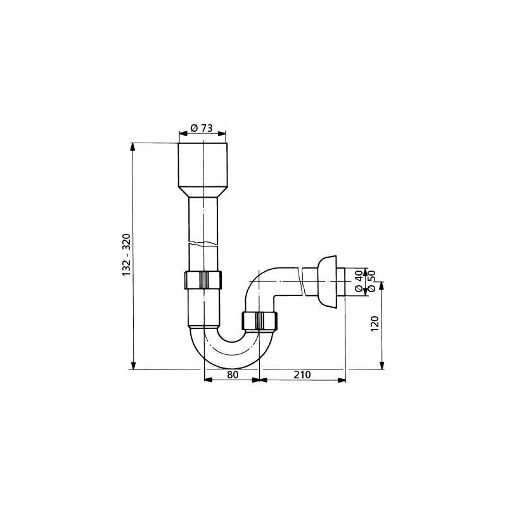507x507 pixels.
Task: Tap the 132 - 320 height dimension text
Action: click(126, 255)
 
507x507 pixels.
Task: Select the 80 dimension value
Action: click(232, 375)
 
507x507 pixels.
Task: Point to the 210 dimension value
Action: click(302, 375)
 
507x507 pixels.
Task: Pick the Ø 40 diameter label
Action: click(359, 281)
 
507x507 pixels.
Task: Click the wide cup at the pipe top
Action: click(203, 164)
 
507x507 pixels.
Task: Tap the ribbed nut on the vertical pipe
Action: click(203, 279)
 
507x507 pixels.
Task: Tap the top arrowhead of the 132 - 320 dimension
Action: click(132, 146)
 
